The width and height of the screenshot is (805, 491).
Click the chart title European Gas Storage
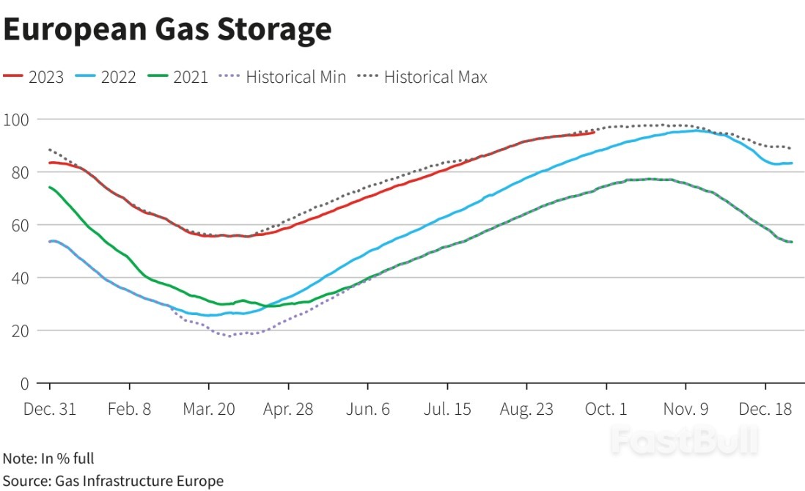click(168, 29)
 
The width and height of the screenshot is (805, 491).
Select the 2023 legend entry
click(34, 76)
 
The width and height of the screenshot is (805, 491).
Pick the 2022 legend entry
click(106, 76)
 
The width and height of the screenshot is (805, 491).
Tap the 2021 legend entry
click(178, 76)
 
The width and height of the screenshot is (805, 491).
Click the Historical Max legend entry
click(423, 76)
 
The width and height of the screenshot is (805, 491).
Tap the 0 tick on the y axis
click(23, 383)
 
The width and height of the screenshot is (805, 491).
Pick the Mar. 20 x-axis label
click(209, 409)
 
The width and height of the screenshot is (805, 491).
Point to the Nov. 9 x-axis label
click(685, 409)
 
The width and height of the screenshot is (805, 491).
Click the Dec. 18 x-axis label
click(765, 409)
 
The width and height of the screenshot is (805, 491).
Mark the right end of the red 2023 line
click(595, 132)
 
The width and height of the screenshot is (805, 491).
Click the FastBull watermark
click(684, 440)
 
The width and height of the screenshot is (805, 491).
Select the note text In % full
click(48, 459)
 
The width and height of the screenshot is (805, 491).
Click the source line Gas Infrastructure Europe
click(113, 481)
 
